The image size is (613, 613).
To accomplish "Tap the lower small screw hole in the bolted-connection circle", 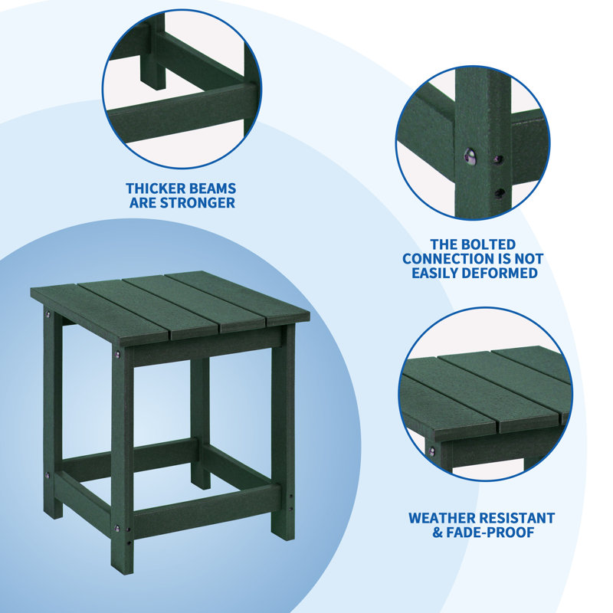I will click(499, 192).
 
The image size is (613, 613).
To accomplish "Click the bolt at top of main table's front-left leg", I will click(117, 354).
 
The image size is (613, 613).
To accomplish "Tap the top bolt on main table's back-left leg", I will click(48, 315).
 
